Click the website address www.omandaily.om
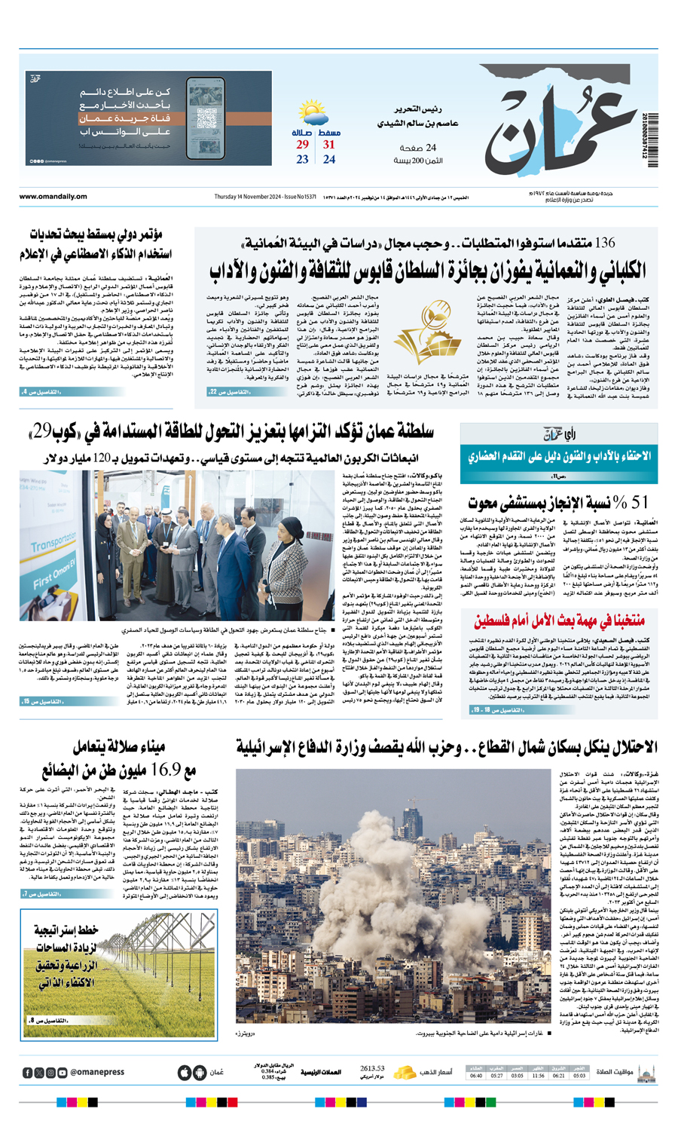click(53, 197)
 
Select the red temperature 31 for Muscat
click(329, 145)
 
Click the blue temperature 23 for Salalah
click(302, 159)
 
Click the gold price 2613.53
click(372, 1068)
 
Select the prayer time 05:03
click(579, 1076)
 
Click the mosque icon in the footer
click(646, 1072)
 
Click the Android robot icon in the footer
click(199, 1073)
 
